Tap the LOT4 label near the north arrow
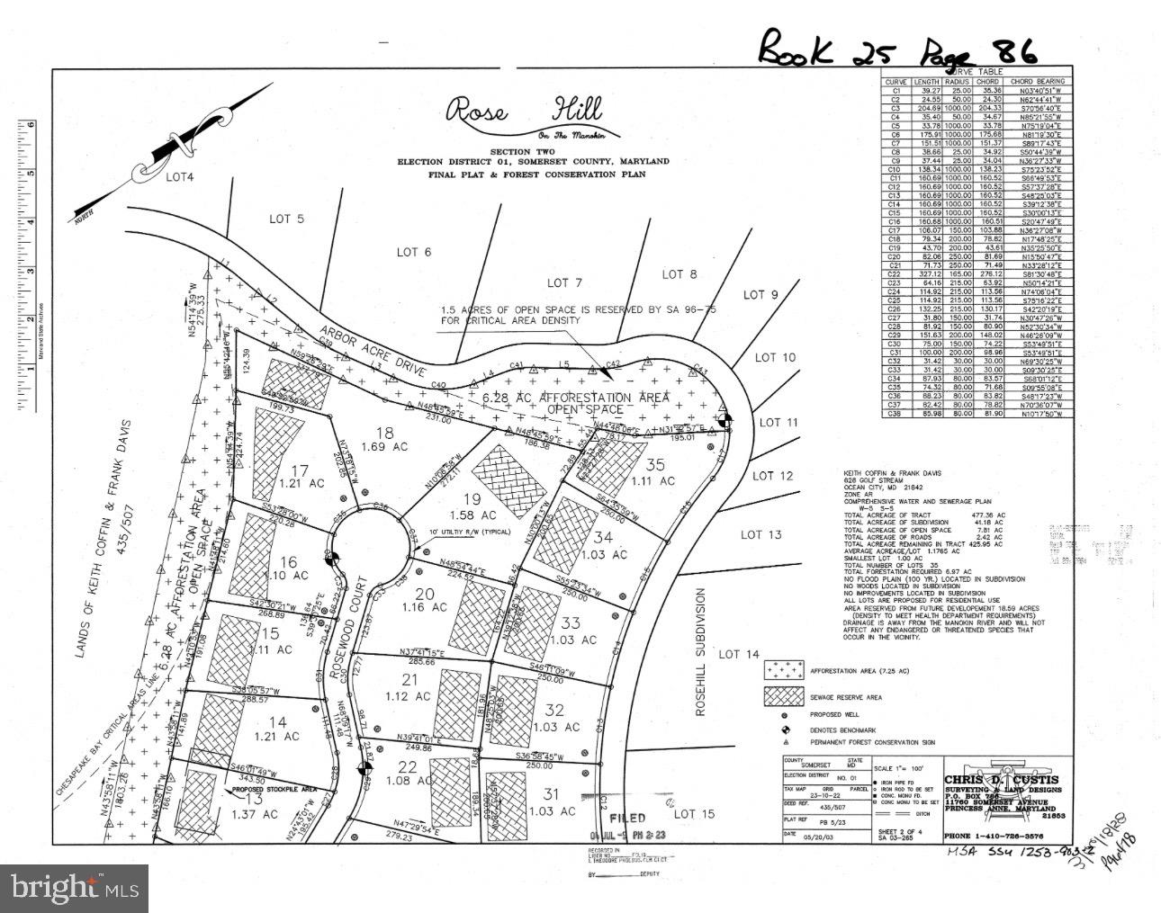click(x=180, y=177)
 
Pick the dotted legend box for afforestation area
click(x=783, y=670)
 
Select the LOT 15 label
click(x=694, y=814)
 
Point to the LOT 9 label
click(x=760, y=294)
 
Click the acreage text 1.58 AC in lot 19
click(x=479, y=516)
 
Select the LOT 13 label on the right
click(x=760, y=535)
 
